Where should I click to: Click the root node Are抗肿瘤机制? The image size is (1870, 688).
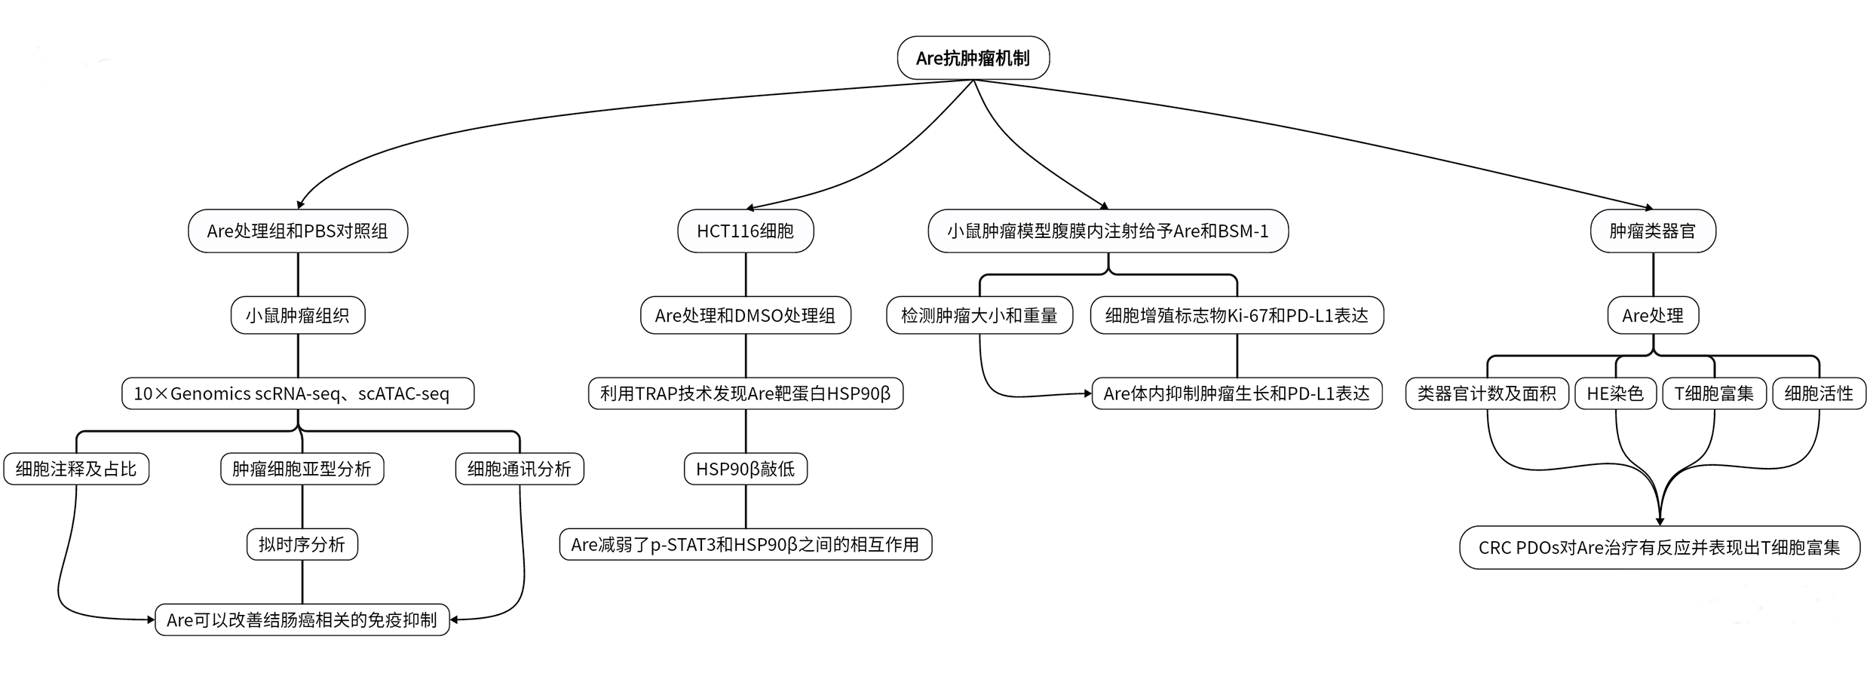tap(973, 58)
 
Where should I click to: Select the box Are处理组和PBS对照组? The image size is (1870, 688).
tap(298, 231)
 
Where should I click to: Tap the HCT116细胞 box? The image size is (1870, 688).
tap(746, 231)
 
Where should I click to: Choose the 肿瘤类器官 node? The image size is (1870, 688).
tap(1653, 231)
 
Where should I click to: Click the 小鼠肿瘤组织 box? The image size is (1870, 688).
tap(298, 315)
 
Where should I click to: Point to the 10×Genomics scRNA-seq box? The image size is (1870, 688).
tap(298, 393)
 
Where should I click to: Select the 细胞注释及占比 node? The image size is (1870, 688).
tap(76, 469)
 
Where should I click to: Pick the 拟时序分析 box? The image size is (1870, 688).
tap(302, 544)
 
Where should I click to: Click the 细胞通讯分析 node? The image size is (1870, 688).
tap(520, 469)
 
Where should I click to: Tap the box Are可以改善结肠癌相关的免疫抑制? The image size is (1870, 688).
tap(302, 619)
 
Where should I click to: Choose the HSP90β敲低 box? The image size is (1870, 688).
tap(746, 469)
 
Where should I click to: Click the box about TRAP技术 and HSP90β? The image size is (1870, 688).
tap(746, 393)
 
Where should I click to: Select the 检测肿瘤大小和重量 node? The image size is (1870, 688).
tap(979, 315)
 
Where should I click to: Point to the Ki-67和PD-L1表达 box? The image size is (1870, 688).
tap(1237, 315)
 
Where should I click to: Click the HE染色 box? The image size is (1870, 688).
tap(1615, 393)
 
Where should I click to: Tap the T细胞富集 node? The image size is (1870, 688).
tap(1714, 393)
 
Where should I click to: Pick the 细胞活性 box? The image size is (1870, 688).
tap(1819, 393)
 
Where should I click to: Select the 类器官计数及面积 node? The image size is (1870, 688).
tap(1487, 393)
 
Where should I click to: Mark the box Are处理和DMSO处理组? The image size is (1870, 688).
tap(746, 315)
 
